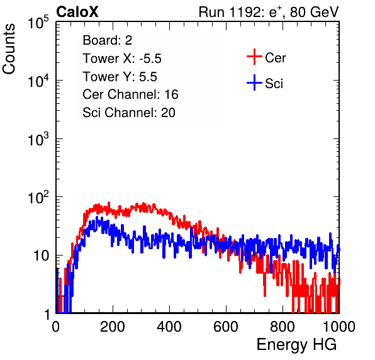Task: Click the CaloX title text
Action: [x=77, y=12]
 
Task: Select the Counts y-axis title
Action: [x=9, y=49]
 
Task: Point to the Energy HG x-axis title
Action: [x=296, y=345]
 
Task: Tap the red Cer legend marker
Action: [x=254, y=57]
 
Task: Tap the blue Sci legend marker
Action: [x=254, y=82]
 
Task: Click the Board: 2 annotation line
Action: [x=108, y=40]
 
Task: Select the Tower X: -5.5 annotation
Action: [x=122, y=59]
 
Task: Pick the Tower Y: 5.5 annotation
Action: [x=120, y=77]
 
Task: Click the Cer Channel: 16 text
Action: [x=131, y=94]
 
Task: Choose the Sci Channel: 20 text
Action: [x=129, y=113]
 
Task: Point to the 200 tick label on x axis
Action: [x=113, y=327]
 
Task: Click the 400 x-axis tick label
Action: [x=169, y=327]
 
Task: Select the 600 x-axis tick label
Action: [x=226, y=327]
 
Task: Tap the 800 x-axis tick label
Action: [x=283, y=327]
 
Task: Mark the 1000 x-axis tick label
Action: [x=339, y=327]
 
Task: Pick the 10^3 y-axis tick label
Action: [x=38, y=138]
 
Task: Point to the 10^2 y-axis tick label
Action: [x=38, y=197]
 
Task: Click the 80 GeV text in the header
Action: [x=314, y=12]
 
